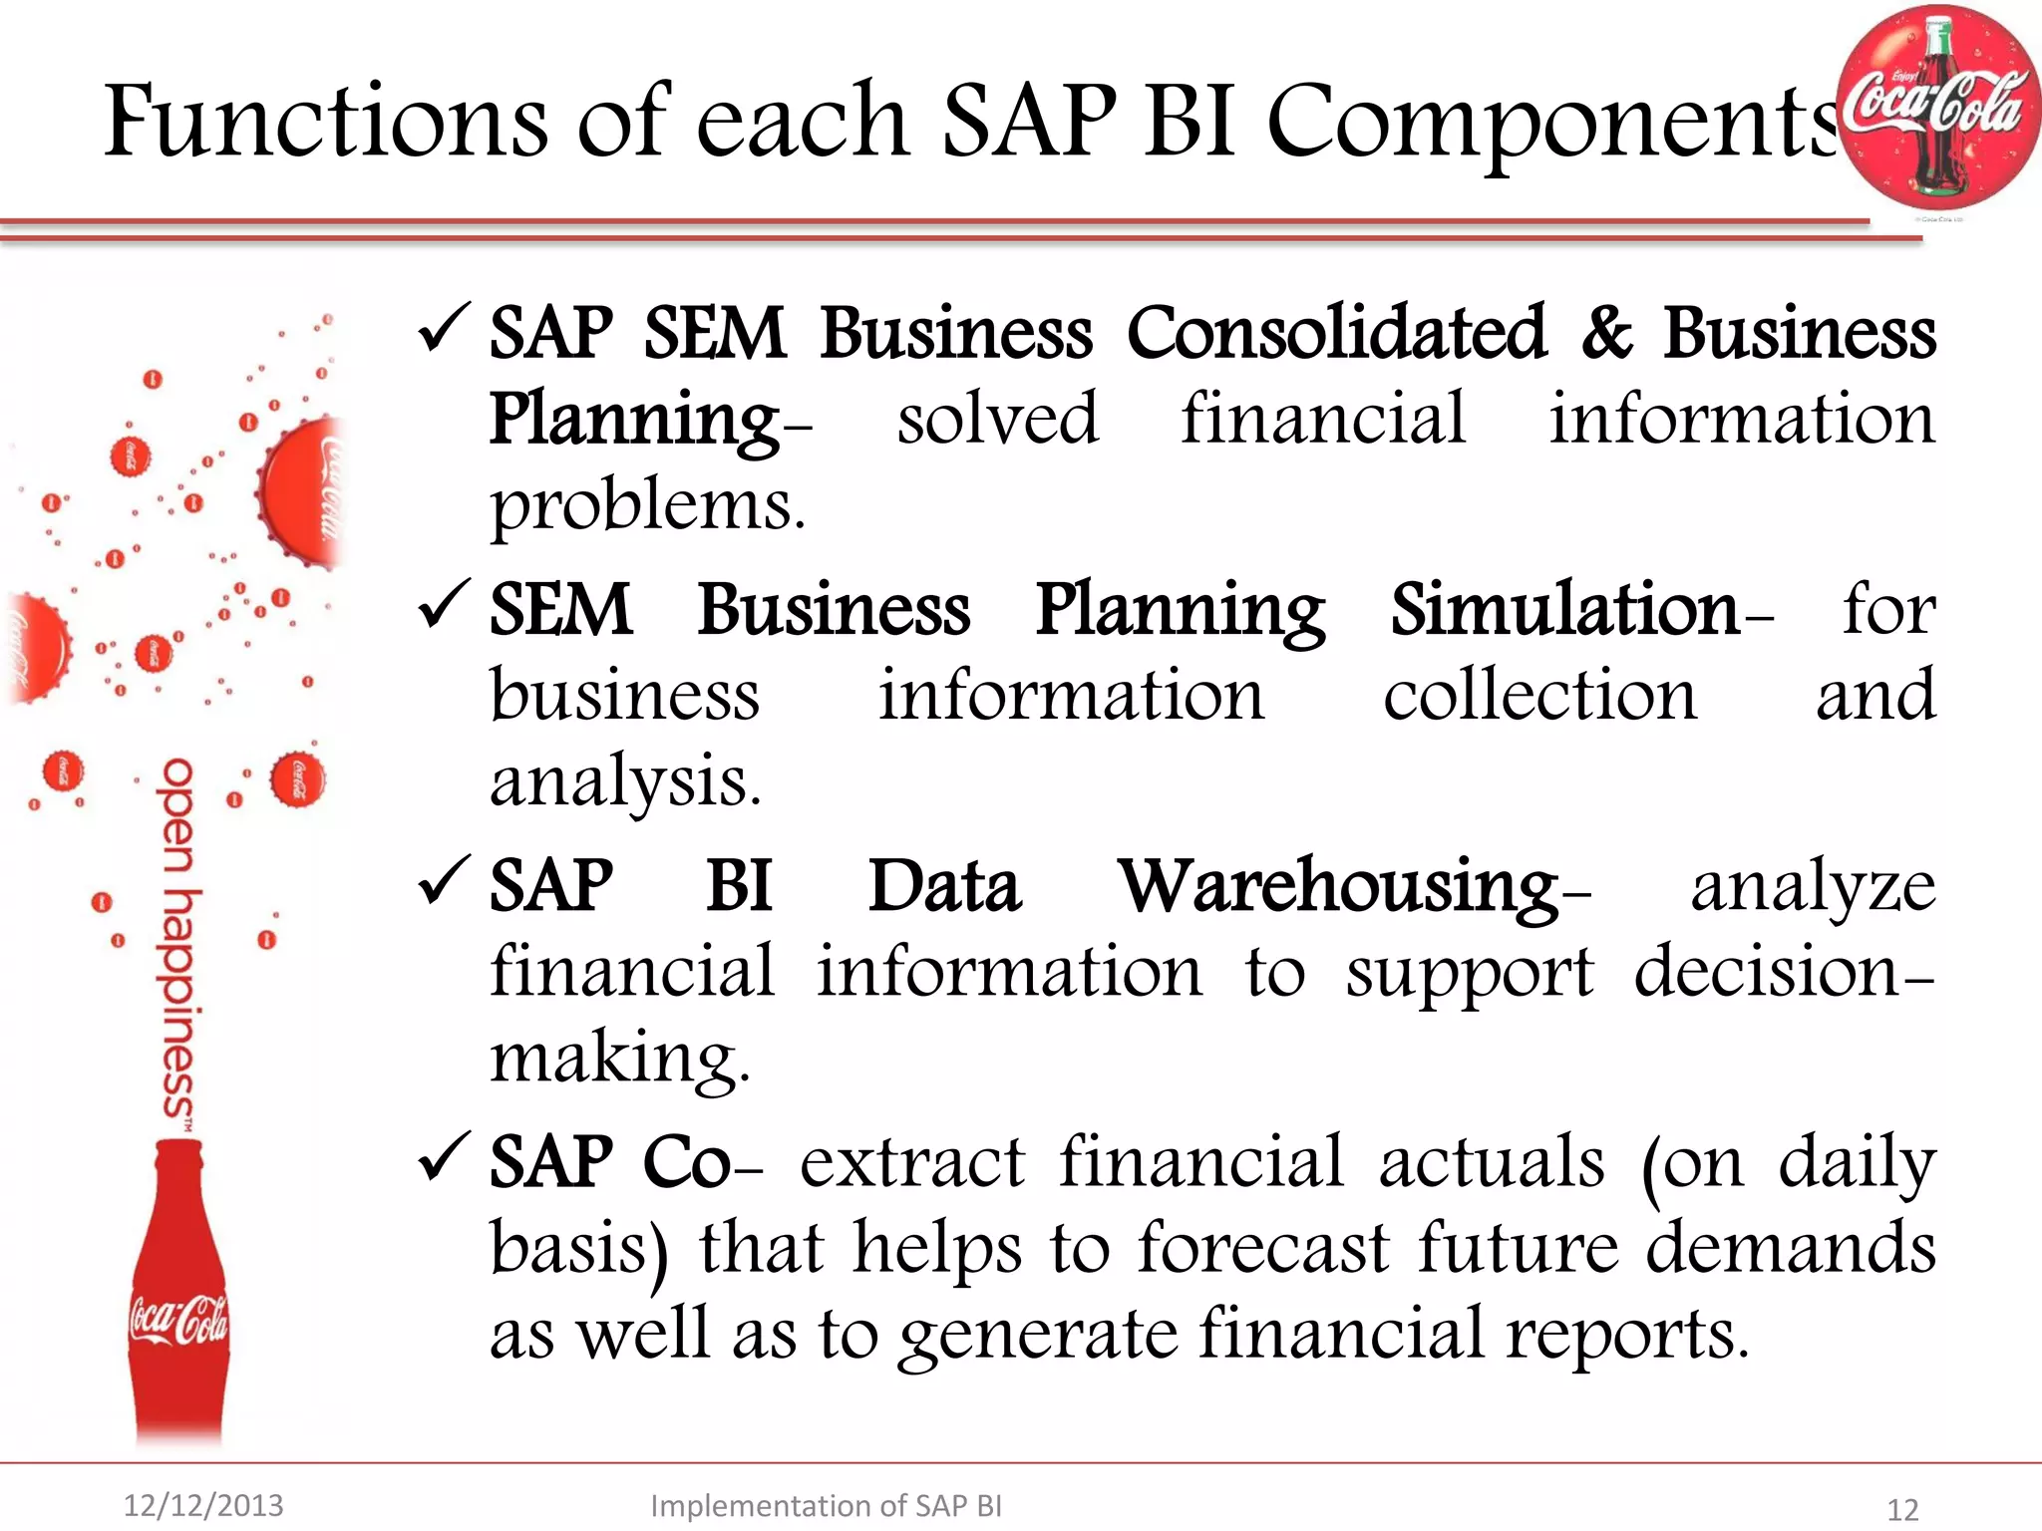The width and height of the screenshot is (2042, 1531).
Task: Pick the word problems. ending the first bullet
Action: [x=647, y=506]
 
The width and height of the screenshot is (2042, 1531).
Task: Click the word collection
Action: [x=1539, y=696]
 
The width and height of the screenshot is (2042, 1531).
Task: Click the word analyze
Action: [x=1813, y=886]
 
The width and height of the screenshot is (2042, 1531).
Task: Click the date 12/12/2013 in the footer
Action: [x=203, y=1505]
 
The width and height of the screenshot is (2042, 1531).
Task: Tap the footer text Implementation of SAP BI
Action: [x=826, y=1505]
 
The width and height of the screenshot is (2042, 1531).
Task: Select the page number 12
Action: [x=1902, y=1509]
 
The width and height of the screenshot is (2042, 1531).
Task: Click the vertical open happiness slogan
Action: [x=179, y=937]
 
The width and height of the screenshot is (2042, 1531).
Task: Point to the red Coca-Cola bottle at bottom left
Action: [x=179, y=1296]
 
